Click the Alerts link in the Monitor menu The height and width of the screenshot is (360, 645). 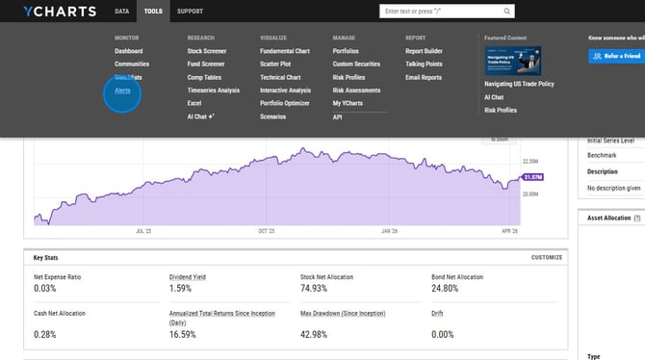pyautogui.click(x=122, y=90)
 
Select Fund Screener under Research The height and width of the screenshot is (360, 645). pyautogui.click(x=207, y=64)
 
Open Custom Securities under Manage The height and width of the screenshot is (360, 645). pyautogui.click(x=356, y=64)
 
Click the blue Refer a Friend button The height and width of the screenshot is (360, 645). pyautogui.click(x=616, y=56)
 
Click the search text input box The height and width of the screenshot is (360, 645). pyautogui.click(x=443, y=12)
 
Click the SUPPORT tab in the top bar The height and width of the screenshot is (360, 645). pyautogui.click(x=190, y=12)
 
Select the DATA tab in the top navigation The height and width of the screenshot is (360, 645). pyautogui.click(x=121, y=12)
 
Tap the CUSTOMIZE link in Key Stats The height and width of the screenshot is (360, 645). pyautogui.click(x=546, y=258)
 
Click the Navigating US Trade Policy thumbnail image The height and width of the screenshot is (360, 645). pyautogui.click(x=512, y=61)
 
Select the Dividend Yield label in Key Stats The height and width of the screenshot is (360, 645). pyautogui.click(x=187, y=277)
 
